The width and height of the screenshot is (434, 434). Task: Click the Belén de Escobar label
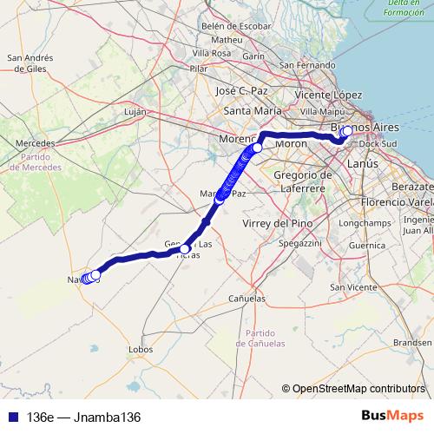[236, 26]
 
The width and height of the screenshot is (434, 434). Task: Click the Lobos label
[141, 350]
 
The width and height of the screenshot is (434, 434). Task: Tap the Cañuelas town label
[247, 298]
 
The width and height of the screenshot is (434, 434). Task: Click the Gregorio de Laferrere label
[299, 182]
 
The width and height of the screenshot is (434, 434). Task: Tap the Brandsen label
[411, 343]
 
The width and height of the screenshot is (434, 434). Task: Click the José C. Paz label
[245, 90]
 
